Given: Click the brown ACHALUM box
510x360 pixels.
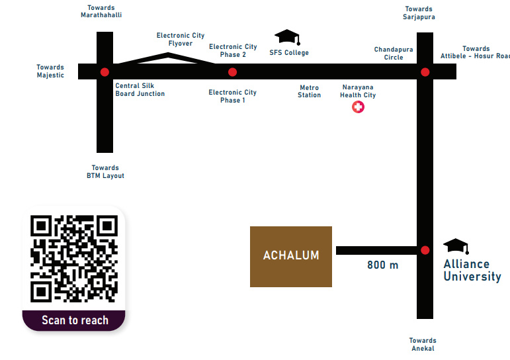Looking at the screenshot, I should pyautogui.click(x=290, y=256).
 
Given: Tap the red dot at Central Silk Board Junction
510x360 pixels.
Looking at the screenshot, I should pyautogui.click(x=105, y=71).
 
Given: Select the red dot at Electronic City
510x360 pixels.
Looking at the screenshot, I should pyautogui.click(x=232, y=71).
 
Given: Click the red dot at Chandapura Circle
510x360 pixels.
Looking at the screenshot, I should pyautogui.click(x=425, y=71).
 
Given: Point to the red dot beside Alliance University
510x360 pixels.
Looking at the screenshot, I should pyautogui.click(x=425, y=250).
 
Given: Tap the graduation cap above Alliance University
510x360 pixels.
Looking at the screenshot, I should pyautogui.click(x=456, y=247).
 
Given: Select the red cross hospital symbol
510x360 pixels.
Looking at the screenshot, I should pyautogui.click(x=358, y=107).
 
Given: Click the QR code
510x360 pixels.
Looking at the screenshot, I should pyautogui.click(x=73, y=258).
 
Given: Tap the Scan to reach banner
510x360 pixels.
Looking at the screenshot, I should pyautogui.click(x=74, y=320).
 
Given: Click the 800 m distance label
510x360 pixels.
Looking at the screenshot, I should pyautogui.click(x=383, y=265).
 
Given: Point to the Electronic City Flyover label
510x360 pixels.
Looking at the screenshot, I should pyautogui.click(x=181, y=40).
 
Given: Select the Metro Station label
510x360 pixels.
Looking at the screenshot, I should pyautogui.click(x=309, y=91).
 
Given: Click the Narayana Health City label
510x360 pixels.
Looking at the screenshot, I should pyautogui.click(x=357, y=91).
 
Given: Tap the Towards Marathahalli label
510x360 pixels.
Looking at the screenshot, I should pyautogui.click(x=101, y=12).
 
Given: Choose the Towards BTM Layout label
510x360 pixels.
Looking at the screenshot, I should pyautogui.click(x=105, y=172).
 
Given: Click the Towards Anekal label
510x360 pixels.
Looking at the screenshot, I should pyautogui.click(x=422, y=345).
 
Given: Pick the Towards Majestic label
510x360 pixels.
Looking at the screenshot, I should pyautogui.click(x=50, y=71).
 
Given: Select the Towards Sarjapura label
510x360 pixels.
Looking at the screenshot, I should pyautogui.click(x=419, y=13).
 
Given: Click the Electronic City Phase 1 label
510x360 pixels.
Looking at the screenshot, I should pyautogui.click(x=232, y=97).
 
